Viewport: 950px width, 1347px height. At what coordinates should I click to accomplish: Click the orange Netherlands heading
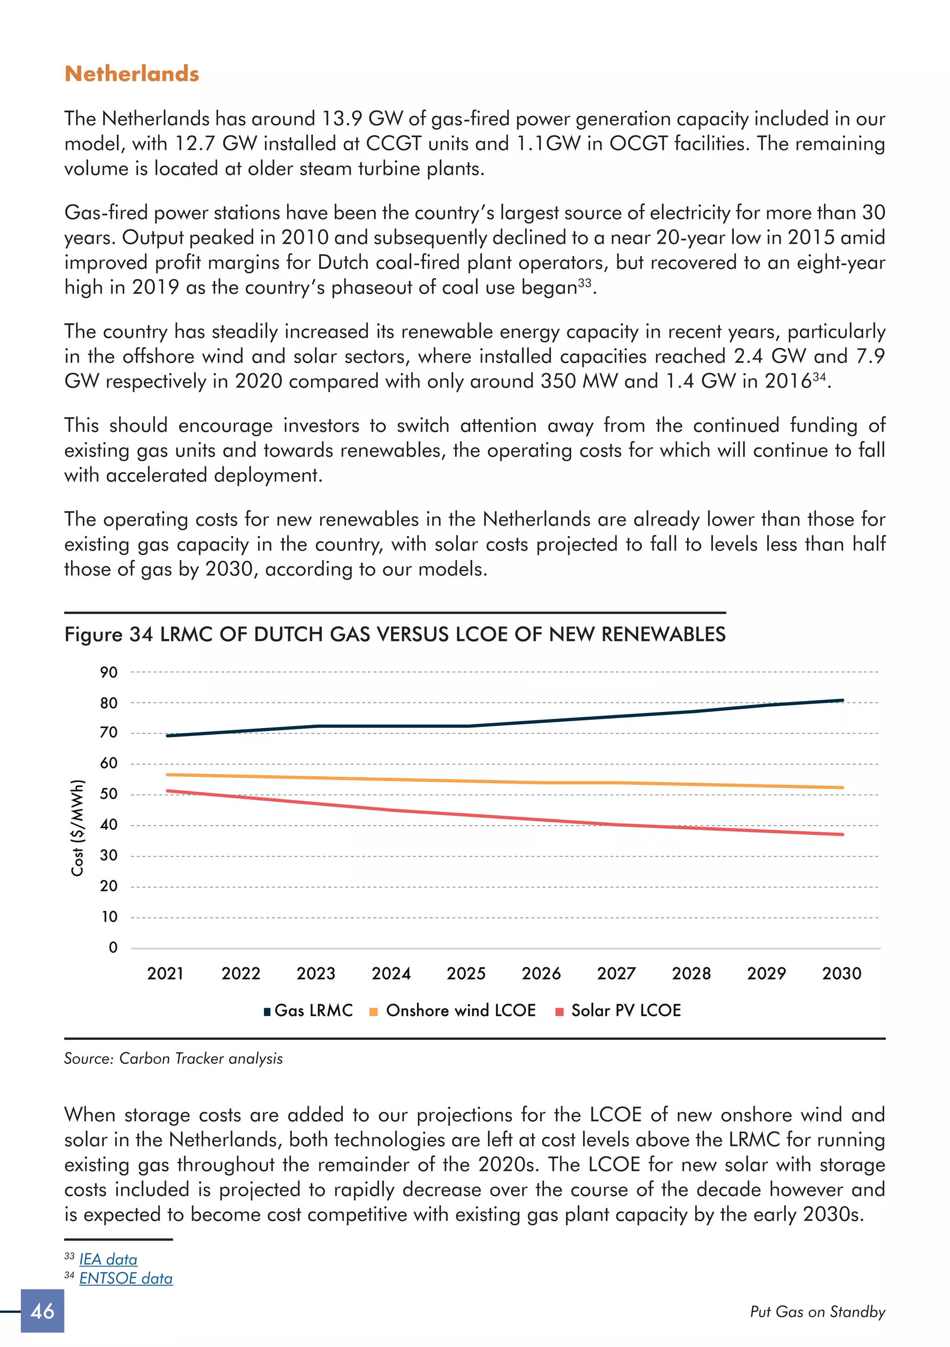click(132, 74)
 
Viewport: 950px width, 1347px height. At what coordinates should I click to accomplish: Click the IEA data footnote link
click(108, 1259)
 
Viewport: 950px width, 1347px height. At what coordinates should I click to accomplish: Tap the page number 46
click(42, 1311)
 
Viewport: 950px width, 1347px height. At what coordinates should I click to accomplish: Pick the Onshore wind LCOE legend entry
click(453, 1010)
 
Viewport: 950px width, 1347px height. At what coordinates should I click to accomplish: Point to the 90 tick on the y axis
click(109, 672)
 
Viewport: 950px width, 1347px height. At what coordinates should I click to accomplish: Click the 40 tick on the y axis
click(109, 825)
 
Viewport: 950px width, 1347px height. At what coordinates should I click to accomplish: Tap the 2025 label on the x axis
click(466, 974)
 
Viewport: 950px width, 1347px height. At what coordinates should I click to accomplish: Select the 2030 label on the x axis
click(841, 974)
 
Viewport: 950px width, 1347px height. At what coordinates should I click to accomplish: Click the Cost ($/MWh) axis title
click(77, 828)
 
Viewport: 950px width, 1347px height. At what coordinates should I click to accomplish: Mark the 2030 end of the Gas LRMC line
click(842, 700)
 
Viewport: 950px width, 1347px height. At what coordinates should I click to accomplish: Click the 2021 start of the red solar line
click(168, 791)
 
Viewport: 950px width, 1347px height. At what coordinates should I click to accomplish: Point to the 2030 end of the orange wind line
click(842, 788)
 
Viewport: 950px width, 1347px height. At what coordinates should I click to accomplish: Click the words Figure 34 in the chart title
click(109, 635)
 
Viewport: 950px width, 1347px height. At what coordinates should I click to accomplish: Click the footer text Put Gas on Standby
click(817, 1312)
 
